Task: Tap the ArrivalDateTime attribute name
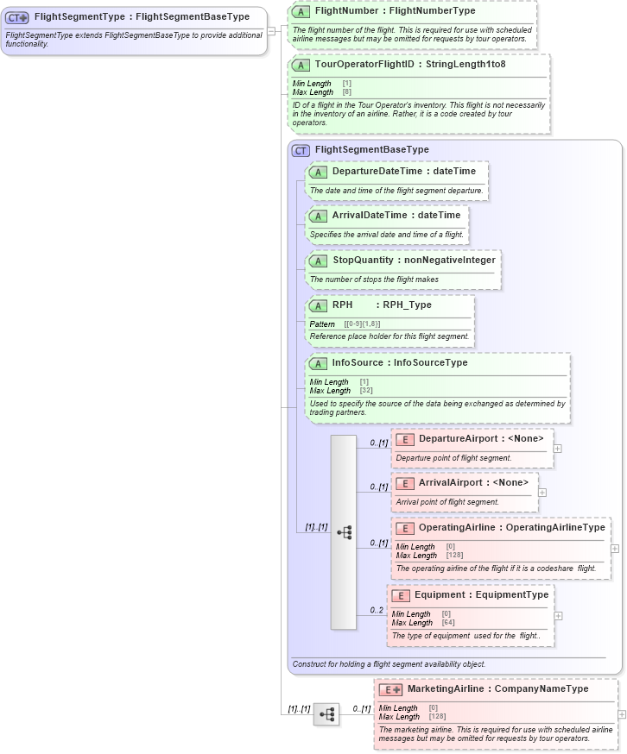369,216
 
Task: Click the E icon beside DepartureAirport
405,439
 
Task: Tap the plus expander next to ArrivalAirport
542,493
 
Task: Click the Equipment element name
439,594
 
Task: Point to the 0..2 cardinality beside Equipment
377,610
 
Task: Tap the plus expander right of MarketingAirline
622,714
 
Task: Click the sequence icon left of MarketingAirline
326,714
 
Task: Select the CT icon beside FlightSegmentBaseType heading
301,150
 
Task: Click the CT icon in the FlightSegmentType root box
18,16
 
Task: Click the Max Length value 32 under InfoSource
366,391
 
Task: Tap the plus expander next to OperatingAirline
614,548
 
